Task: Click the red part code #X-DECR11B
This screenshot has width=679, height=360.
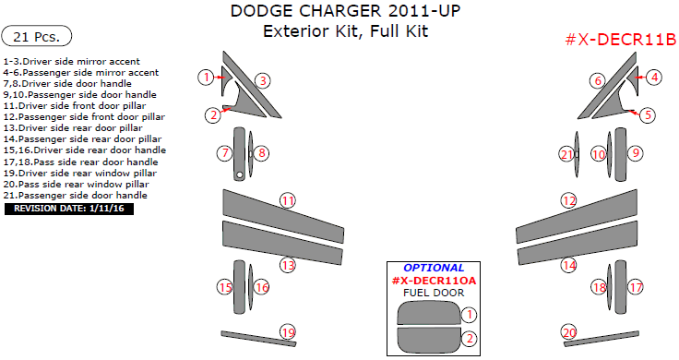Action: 620,39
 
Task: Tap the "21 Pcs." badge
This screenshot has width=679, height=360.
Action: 40,37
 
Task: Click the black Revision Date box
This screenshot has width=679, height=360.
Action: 69,209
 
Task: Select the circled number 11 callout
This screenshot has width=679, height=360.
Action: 288,200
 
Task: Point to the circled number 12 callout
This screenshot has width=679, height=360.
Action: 569,200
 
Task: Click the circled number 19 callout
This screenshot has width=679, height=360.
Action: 288,332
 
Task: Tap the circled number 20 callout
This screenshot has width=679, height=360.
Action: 569,332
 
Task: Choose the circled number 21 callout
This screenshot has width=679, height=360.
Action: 566,154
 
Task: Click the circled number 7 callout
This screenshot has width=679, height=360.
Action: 224,152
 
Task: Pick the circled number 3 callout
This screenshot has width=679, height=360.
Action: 262,81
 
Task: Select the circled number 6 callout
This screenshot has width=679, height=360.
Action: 598,81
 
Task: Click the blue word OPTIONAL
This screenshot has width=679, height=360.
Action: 434,268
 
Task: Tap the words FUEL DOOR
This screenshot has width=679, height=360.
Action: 434,293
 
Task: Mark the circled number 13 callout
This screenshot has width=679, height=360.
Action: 288,266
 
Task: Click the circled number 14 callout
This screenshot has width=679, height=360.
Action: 569,266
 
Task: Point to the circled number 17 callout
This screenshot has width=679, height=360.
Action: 635,288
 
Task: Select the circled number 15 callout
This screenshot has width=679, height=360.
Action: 224,288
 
